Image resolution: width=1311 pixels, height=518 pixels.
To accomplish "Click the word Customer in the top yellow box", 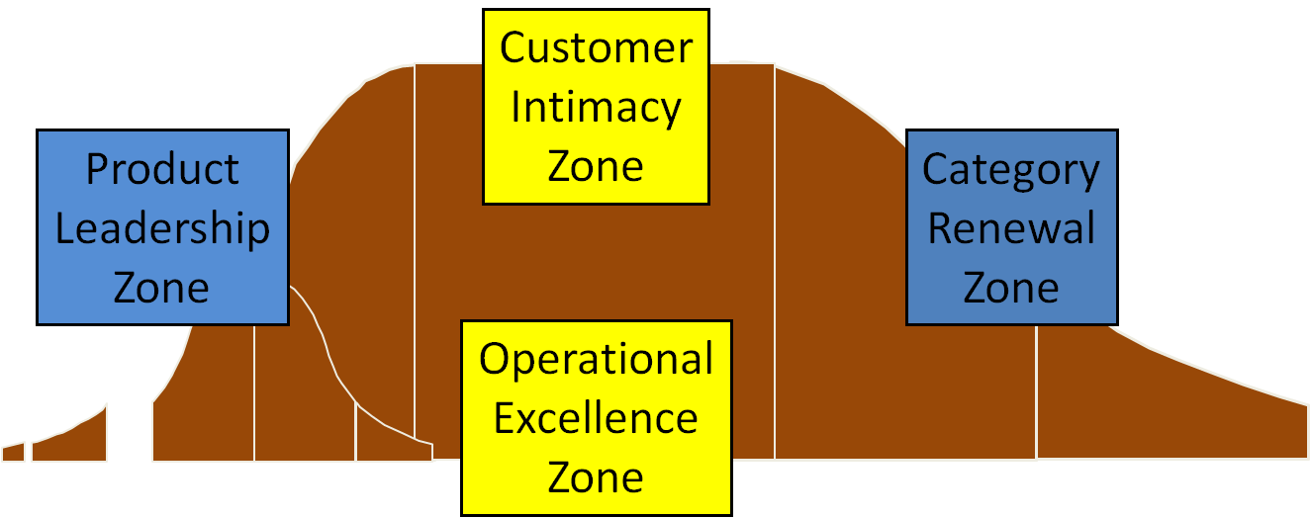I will coord(596,48).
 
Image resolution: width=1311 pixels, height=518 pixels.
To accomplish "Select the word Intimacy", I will coord(596,107).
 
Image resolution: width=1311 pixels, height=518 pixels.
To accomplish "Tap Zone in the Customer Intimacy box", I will coord(596,165).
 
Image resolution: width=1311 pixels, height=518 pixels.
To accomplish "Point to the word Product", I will coord(162,169).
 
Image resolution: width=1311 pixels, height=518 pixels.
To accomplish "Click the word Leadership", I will coord(162,228).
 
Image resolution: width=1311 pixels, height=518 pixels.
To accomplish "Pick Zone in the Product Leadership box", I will coord(162,288).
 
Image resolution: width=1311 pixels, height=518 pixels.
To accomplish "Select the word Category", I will coord(1011,170).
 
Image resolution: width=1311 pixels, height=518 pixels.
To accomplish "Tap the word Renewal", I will coord(1011,228).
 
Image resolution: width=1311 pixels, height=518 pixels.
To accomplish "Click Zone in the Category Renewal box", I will coord(1011,288).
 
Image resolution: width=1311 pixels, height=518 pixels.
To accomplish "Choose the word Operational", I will coord(596,359).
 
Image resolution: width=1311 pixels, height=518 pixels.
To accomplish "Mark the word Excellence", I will coord(596,418).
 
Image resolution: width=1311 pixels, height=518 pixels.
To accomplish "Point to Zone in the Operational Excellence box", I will coord(596,477).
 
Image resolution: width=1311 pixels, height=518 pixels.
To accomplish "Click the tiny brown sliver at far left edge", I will coord(13,453).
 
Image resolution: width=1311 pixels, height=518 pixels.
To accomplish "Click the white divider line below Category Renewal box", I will coord(1037,395).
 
